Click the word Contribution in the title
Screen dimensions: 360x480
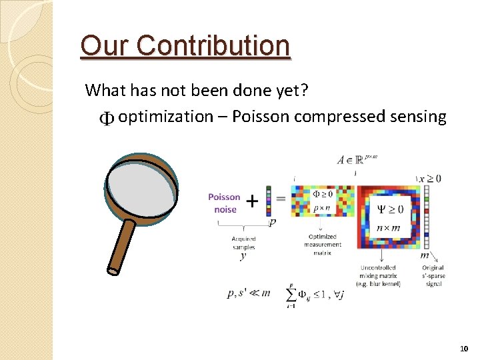pos(214,46)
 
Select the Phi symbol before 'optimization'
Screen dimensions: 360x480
pos(107,119)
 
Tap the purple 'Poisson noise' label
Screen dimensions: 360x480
pos(224,203)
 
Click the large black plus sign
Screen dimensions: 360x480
pos(253,200)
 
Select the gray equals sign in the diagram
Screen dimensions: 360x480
pos(281,199)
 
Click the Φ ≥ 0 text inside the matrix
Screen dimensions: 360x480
pos(323,194)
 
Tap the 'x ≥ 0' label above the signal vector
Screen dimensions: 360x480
pos(429,178)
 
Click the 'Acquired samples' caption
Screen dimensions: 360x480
pos(243,243)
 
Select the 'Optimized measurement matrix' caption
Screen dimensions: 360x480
pos(323,244)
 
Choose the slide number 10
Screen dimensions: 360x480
pos(464,349)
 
